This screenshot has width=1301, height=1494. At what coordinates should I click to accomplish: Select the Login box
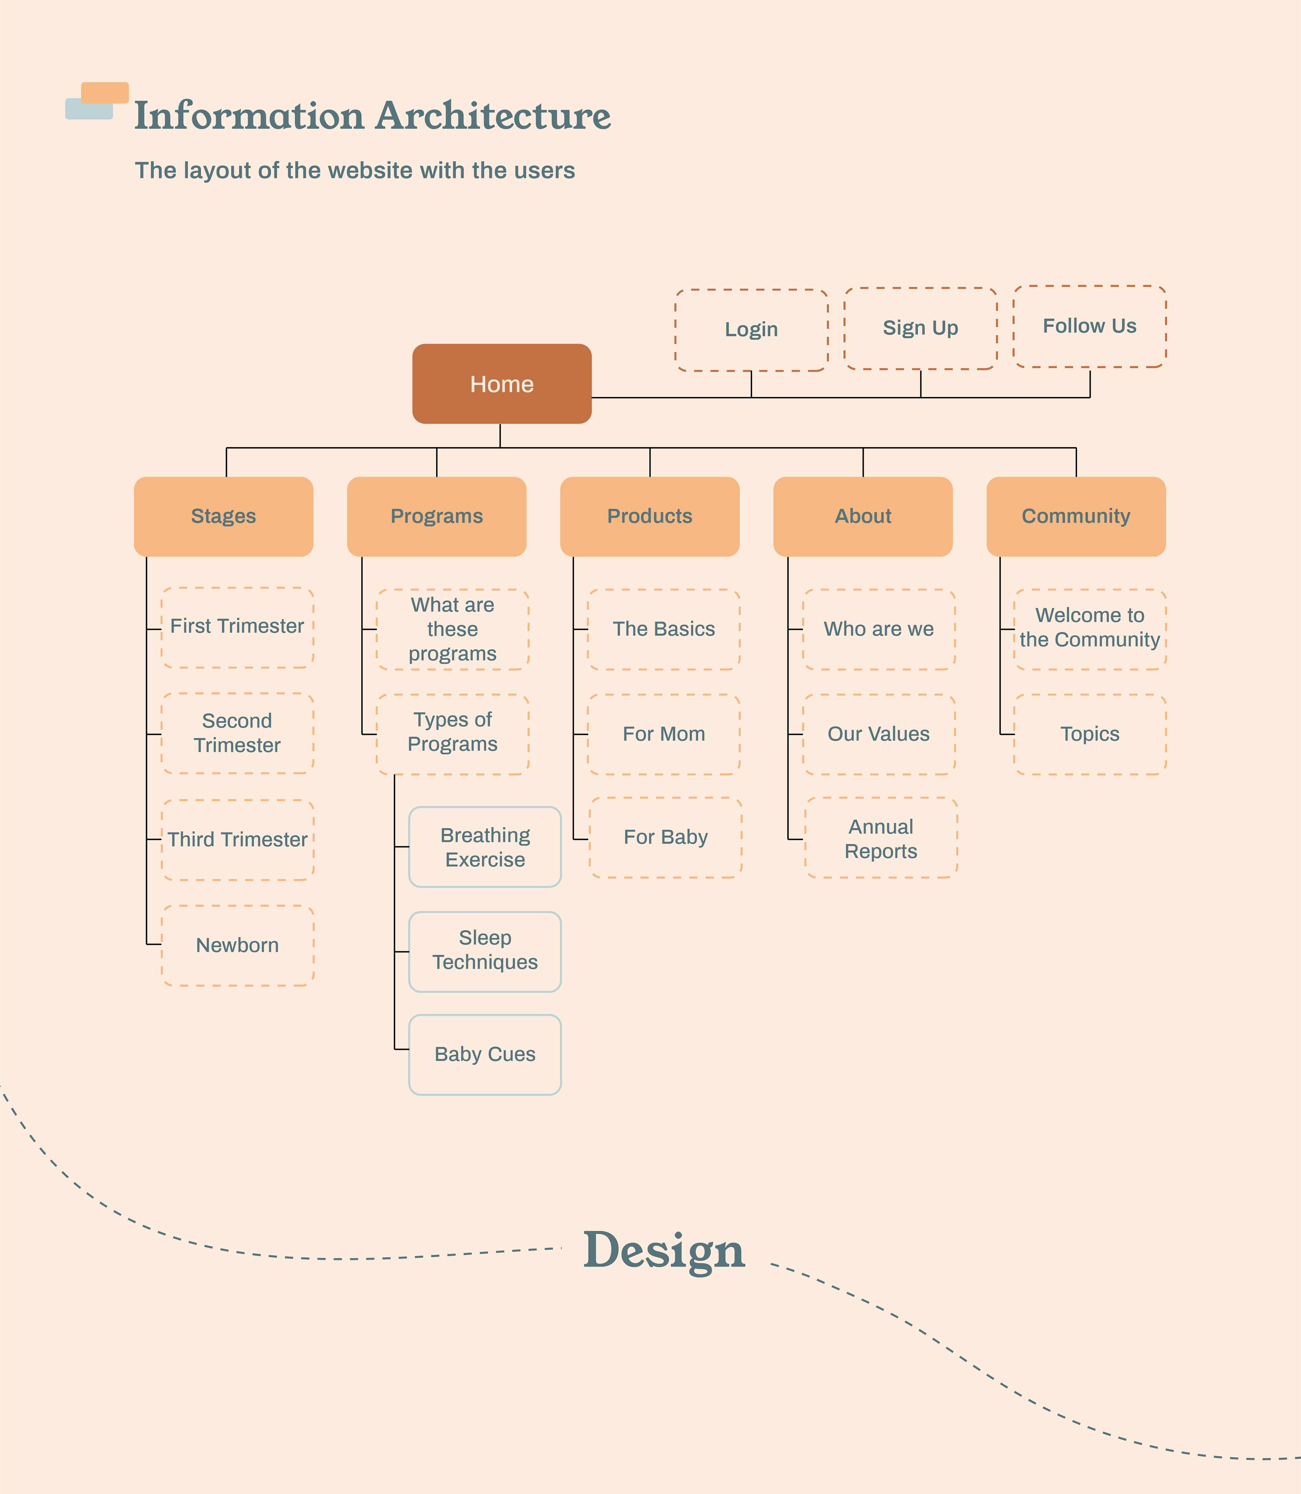(751, 330)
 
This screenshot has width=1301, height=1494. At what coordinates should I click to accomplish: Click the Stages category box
(224, 516)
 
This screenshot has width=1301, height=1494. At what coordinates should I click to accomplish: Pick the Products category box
(650, 516)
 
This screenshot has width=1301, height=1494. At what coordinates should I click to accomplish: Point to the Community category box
(1076, 516)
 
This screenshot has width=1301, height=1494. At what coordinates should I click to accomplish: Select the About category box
(863, 516)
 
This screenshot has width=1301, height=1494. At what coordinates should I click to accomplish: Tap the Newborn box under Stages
(238, 945)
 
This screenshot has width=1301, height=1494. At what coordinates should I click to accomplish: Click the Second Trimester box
(238, 733)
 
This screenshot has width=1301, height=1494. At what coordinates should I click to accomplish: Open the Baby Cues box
(485, 1054)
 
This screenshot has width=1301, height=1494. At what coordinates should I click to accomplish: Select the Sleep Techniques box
(485, 951)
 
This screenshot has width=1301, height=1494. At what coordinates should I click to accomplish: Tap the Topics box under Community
(1090, 734)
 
